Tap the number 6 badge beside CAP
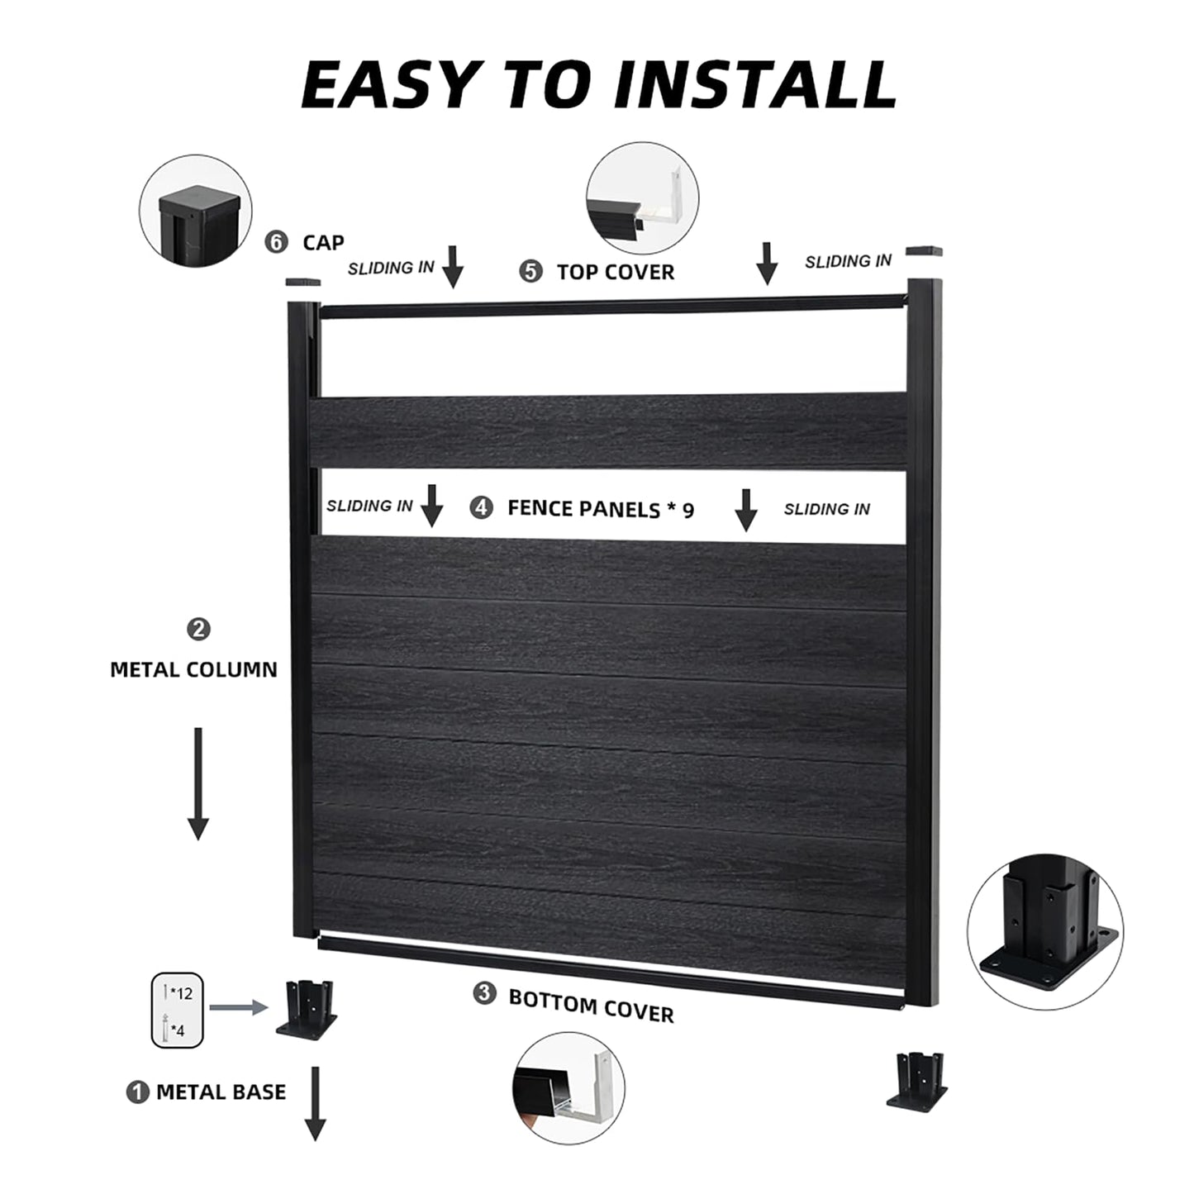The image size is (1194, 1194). coord(276,242)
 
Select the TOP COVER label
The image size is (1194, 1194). coord(615,272)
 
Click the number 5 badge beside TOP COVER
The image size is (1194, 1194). coord(531,271)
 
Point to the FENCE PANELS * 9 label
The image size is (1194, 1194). coord(601,509)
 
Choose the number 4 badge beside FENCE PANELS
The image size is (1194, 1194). coord(481,507)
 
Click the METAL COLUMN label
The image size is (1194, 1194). coord(193,669)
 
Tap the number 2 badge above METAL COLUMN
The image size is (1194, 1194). coord(198,630)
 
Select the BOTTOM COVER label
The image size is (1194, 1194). coord(591,1005)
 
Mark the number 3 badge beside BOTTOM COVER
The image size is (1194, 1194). coord(484,992)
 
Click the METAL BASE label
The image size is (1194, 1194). coord(221,1092)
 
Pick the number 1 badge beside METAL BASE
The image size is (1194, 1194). coord(137,1092)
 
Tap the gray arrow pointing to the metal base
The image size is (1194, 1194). coord(238,1007)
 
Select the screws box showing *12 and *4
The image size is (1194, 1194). coord(177,1010)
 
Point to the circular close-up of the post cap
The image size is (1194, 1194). coord(195,214)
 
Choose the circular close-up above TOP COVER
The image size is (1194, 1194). coord(642,199)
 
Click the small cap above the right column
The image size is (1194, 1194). coord(924,250)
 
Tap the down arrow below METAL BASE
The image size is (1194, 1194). coord(315,1103)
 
